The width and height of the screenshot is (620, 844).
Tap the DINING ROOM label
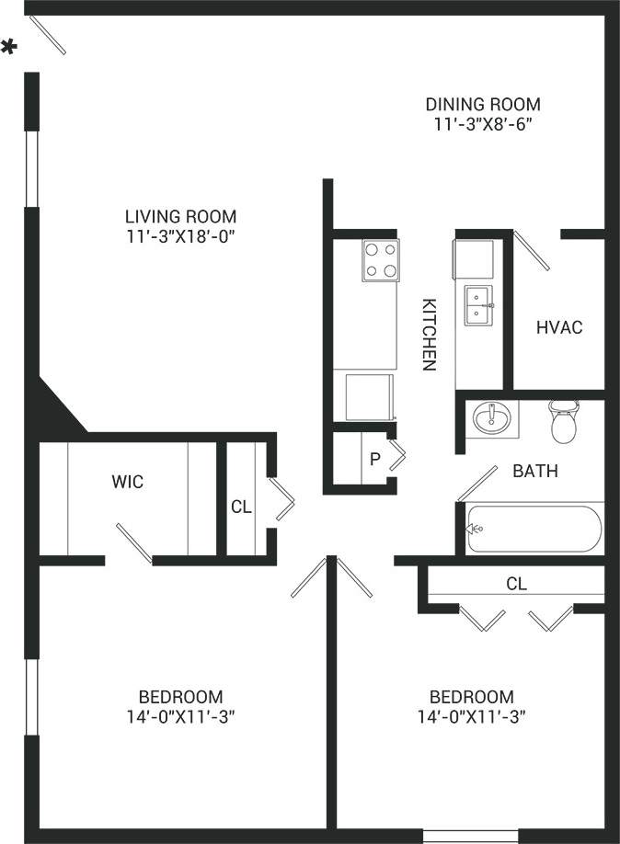[482, 104]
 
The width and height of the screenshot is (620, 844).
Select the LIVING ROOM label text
[180, 216]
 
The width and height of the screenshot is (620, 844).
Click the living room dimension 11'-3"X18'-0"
[180, 236]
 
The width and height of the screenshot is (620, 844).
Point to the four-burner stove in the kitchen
[380, 260]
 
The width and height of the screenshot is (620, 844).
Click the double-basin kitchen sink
[477, 305]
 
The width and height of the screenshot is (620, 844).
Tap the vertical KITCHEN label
[428, 334]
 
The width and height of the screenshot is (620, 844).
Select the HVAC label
[559, 327]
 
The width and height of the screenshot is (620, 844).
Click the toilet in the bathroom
[562, 421]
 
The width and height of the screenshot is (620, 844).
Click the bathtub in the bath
[534, 529]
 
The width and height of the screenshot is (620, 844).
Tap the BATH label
[534, 472]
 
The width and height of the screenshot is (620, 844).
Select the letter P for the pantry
[374, 459]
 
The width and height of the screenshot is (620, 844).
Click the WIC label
[127, 481]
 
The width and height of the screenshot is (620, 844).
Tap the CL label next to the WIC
[240, 506]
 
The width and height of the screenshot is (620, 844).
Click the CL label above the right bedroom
[516, 583]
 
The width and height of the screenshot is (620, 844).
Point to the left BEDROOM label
[180, 696]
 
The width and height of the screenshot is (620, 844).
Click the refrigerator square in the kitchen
[367, 395]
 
